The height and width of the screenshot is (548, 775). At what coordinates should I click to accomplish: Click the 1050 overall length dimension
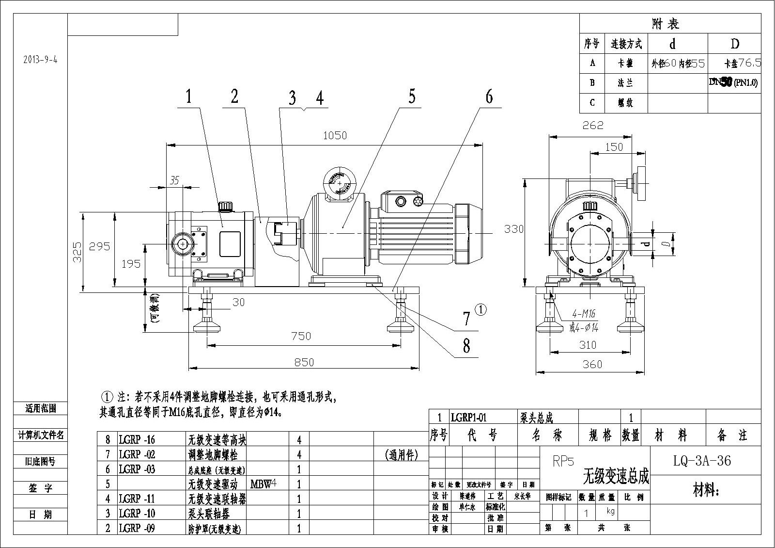click(x=335, y=135)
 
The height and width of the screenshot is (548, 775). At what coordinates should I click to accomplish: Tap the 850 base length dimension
click(x=304, y=362)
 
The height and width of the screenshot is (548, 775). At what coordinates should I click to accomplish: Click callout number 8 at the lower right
click(x=466, y=346)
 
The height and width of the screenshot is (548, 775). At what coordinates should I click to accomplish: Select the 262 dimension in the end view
click(x=592, y=125)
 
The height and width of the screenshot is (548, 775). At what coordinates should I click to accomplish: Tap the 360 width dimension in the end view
click(x=592, y=364)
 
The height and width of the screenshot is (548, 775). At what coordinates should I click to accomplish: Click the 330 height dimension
click(x=513, y=228)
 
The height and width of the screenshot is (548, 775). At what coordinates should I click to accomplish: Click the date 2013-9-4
click(x=40, y=60)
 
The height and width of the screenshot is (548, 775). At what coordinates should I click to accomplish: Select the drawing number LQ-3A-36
click(x=702, y=460)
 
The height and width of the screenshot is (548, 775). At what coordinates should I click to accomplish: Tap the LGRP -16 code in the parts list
click(x=137, y=440)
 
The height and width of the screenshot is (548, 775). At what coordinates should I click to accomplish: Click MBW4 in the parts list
click(x=263, y=484)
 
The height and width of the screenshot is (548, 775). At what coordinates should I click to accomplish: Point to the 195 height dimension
click(x=130, y=263)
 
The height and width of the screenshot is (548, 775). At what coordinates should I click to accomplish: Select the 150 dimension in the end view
click(x=614, y=147)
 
